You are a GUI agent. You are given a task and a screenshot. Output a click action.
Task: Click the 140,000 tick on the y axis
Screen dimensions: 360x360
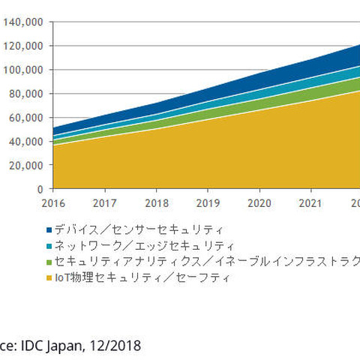pos(25,22)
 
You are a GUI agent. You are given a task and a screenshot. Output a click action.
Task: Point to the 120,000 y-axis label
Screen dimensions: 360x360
pos(25,46)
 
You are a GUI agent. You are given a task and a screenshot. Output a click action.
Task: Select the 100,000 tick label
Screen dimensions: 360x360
pos(25,70)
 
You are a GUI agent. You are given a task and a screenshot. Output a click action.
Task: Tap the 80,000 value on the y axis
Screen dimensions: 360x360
pos(28,94)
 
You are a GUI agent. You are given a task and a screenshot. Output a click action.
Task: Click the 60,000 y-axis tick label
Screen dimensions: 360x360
pos(28,118)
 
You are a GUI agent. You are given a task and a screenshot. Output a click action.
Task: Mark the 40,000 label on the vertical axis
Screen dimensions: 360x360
pos(28,141)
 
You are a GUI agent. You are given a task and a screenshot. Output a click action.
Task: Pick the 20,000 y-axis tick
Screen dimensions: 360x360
pos(28,165)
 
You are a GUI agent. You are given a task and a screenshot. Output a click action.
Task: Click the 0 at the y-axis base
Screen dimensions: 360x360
pos(41,189)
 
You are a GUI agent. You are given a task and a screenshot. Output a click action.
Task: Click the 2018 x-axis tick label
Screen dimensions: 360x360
pos(157,202)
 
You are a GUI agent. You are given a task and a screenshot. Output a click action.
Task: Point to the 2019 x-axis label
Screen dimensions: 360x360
pos(208,202)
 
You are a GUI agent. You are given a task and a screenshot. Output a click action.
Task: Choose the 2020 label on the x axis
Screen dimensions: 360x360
pos(259,202)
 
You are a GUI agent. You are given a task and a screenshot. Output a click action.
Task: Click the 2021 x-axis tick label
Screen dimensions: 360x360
pos(310,202)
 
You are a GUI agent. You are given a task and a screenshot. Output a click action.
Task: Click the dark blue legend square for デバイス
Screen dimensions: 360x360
pos(49,229)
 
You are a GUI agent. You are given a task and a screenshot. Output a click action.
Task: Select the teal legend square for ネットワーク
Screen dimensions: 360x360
pos(49,246)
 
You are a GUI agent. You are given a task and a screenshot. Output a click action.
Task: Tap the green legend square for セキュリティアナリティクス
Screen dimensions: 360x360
pos(49,262)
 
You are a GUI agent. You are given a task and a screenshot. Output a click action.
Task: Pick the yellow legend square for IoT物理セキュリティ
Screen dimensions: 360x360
pos(49,278)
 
